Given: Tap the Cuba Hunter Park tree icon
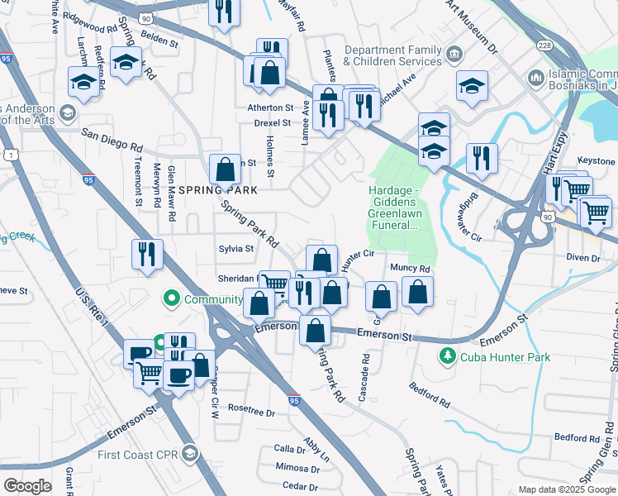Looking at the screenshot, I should tap(448, 355).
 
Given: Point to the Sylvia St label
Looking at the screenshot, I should tap(235, 248).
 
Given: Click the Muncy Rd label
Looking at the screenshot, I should tap(411, 269).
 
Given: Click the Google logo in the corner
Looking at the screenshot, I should tap(27, 486).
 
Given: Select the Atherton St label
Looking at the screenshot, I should tap(270, 107).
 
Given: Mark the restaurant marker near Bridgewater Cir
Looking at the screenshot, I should tap(482, 159).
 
